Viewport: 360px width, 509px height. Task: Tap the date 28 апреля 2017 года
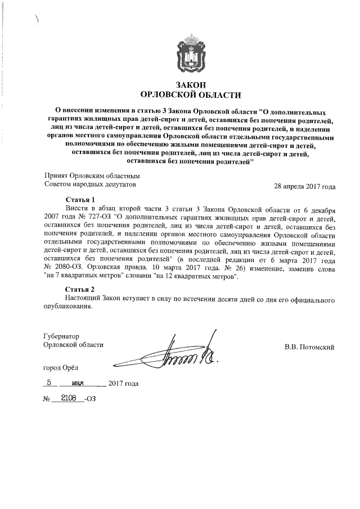pyautogui.click(x=304, y=187)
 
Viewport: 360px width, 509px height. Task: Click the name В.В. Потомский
pyautogui.click(x=309, y=347)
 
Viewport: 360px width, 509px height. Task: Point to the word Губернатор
pyautogui.click(x=62, y=336)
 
